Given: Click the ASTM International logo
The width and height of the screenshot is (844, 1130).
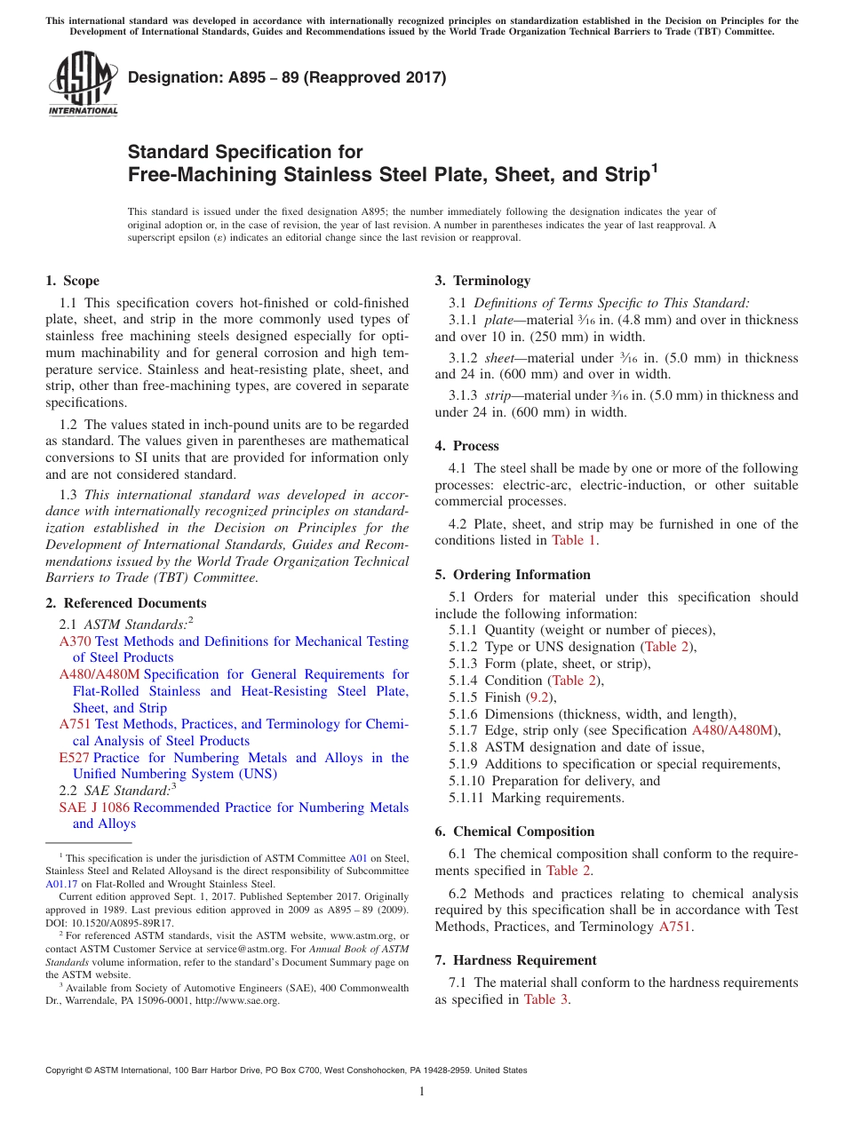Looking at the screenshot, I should point(83,84).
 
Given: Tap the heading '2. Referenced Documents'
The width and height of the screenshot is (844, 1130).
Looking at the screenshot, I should point(125,603).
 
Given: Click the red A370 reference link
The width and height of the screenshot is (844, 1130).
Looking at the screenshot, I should point(76,641).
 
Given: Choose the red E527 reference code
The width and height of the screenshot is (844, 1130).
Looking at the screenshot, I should point(74,758).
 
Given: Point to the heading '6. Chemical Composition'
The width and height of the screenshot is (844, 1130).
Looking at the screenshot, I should point(514,832).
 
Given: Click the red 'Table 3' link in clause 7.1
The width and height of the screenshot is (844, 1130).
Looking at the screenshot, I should point(545,999).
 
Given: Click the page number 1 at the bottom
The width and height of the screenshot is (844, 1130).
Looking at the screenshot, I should point(422,1091).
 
